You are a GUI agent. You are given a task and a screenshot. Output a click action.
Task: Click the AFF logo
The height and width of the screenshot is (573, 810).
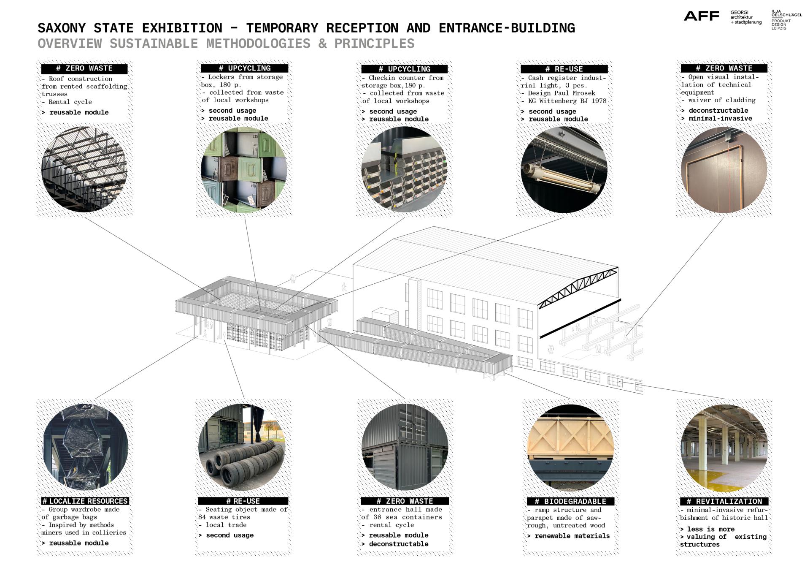pyautogui.click(x=701, y=16)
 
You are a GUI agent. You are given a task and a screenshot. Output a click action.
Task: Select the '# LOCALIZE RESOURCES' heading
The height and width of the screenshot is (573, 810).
pyautogui.click(x=85, y=501)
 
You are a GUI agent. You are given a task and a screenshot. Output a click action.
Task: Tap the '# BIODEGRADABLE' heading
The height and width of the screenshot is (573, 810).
pyautogui.click(x=570, y=502)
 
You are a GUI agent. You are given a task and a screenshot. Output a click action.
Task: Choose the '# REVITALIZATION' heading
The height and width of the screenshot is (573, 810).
pyautogui.click(x=724, y=502)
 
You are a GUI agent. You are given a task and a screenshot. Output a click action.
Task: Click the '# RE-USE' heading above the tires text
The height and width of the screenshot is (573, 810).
pyautogui.click(x=243, y=501)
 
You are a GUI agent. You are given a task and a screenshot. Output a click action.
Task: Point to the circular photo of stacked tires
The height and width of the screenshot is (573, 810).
pyautogui.click(x=242, y=448)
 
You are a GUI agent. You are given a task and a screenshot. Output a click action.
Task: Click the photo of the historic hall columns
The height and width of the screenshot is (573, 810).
pyautogui.click(x=724, y=448)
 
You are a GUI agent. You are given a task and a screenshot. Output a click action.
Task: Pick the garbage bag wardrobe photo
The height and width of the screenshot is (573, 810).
pyautogui.click(x=85, y=448)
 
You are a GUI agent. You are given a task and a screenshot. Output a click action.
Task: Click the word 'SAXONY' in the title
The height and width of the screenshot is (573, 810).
pyautogui.click(x=62, y=28)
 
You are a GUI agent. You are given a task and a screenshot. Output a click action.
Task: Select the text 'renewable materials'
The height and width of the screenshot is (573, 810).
pyautogui.click(x=572, y=536)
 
